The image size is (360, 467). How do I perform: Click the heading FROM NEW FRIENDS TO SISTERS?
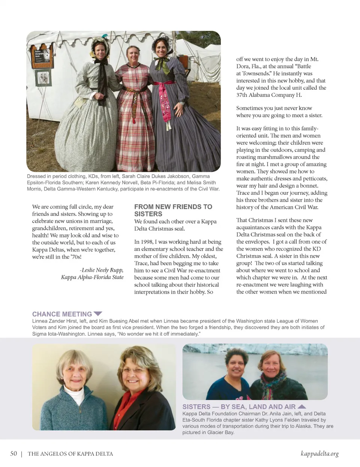tap(173, 210)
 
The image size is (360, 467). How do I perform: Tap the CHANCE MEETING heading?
tap(62, 314)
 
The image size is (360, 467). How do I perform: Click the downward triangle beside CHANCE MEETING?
tap(98, 313)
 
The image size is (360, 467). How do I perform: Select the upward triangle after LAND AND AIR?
tap(301, 406)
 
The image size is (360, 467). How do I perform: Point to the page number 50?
tap(13, 453)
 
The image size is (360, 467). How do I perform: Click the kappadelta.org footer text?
tap(319, 453)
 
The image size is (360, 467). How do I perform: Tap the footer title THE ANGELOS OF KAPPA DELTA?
tap(70, 454)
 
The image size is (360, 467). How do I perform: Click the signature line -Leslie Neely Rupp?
tap(102, 270)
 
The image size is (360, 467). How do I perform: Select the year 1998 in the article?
tap(147, 242)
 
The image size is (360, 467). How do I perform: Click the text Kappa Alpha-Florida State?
tap(92, 277)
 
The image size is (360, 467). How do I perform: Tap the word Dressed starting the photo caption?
tap(36, 176)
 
